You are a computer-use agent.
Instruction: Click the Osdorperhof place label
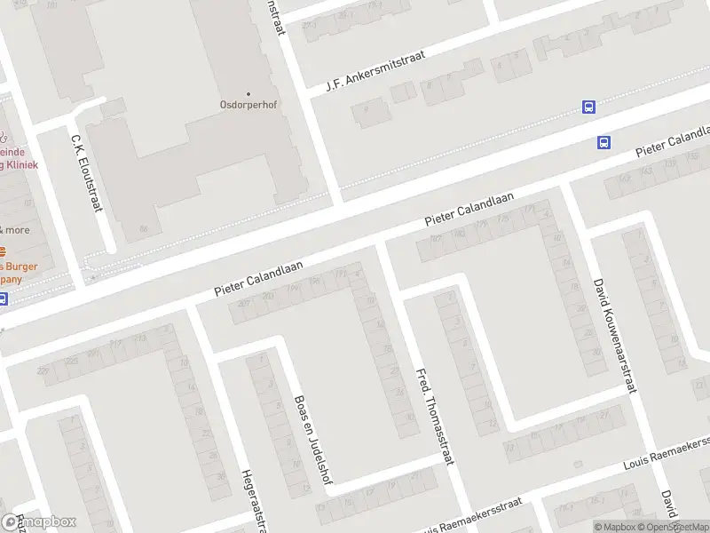pos(248,105)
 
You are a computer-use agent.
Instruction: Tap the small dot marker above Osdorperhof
pos(248,93)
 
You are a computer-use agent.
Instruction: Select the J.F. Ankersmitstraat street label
pos(375,70)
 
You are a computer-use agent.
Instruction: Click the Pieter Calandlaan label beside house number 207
pos(259,278)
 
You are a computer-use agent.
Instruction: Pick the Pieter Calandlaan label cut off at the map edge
pos(673,142)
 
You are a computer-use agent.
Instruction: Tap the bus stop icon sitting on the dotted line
pos(588,107)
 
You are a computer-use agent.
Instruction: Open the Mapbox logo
pos(39,522)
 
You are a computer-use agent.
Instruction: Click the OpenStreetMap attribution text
pos(679,527)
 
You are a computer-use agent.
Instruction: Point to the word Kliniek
pos(18,164)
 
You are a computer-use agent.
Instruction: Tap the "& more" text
pos(14,229)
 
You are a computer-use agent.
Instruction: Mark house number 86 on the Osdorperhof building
pos(144,229)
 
